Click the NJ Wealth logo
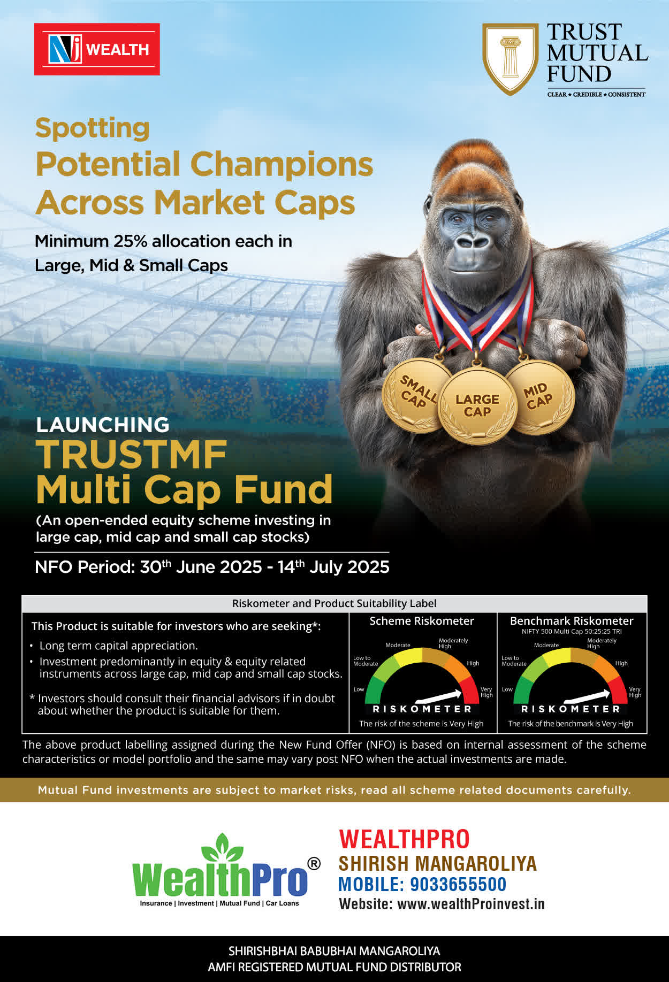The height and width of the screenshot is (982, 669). pos(97,49)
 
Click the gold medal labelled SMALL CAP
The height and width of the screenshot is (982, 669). pos(417,395)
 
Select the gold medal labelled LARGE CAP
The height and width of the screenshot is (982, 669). pos(477,405)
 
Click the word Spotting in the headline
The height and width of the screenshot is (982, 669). pos(92,128)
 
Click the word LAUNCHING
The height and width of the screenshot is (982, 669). pos(103,425)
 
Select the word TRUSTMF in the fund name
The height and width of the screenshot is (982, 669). pos(132,455)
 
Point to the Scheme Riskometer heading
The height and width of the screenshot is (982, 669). pos(422,621)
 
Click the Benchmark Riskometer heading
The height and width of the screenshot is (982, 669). pos(572,621)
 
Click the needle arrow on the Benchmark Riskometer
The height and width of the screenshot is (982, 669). pos(587,696)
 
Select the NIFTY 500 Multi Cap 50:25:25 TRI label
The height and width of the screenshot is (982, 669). pos(572,632)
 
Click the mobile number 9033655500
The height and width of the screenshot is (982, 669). pos(458,884)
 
